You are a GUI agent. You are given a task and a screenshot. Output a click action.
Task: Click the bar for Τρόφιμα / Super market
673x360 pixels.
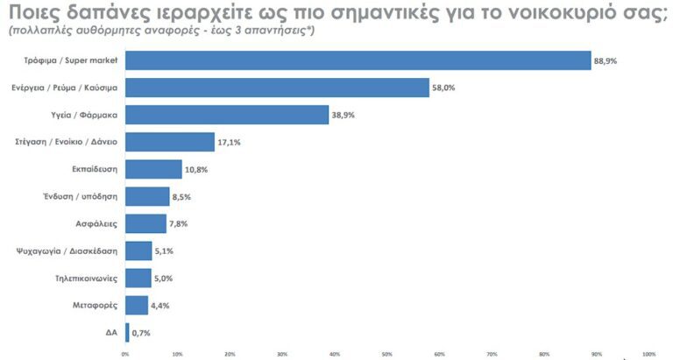coord(358,60)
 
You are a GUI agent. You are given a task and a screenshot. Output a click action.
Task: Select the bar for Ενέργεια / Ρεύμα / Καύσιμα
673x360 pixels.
coord(277,88)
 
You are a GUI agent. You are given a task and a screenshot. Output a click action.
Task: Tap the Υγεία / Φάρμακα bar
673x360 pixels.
coord(227,115)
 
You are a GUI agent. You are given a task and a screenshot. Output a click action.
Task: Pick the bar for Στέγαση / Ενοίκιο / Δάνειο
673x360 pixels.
coord(170,142)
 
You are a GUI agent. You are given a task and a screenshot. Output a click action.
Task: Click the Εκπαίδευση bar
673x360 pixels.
coord(153,169)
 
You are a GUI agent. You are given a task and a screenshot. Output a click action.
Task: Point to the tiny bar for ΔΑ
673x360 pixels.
coord(127,332)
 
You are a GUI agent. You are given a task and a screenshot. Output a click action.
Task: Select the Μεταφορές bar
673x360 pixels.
coord(137,305)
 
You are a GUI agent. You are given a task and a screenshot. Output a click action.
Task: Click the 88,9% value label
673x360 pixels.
coord(606,60)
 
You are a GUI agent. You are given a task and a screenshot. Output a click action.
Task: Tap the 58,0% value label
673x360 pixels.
coord(443,88)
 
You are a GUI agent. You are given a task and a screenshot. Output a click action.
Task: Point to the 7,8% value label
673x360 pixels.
coord(178,223)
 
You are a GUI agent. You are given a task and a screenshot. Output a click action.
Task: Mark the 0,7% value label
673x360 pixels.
coord(142,332)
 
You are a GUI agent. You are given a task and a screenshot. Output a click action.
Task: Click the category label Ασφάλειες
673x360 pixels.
coord(101,223)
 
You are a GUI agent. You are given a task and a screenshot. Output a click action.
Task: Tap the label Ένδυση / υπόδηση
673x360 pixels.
coord(88,196)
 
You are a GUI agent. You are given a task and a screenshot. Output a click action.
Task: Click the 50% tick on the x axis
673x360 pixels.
coord(387,354)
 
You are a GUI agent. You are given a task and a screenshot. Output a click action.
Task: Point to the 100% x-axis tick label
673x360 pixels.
coord(648,354)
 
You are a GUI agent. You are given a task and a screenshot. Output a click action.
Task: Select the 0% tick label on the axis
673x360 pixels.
coord(125,354)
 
